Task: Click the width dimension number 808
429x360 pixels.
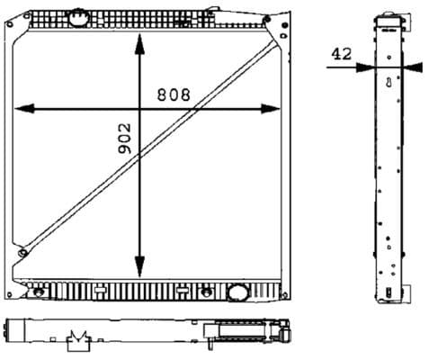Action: pos(174,94)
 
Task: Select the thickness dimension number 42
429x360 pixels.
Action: pos(340,54)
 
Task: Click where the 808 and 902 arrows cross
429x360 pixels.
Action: pos(139,109)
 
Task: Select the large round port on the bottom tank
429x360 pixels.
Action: pos(238,292)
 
